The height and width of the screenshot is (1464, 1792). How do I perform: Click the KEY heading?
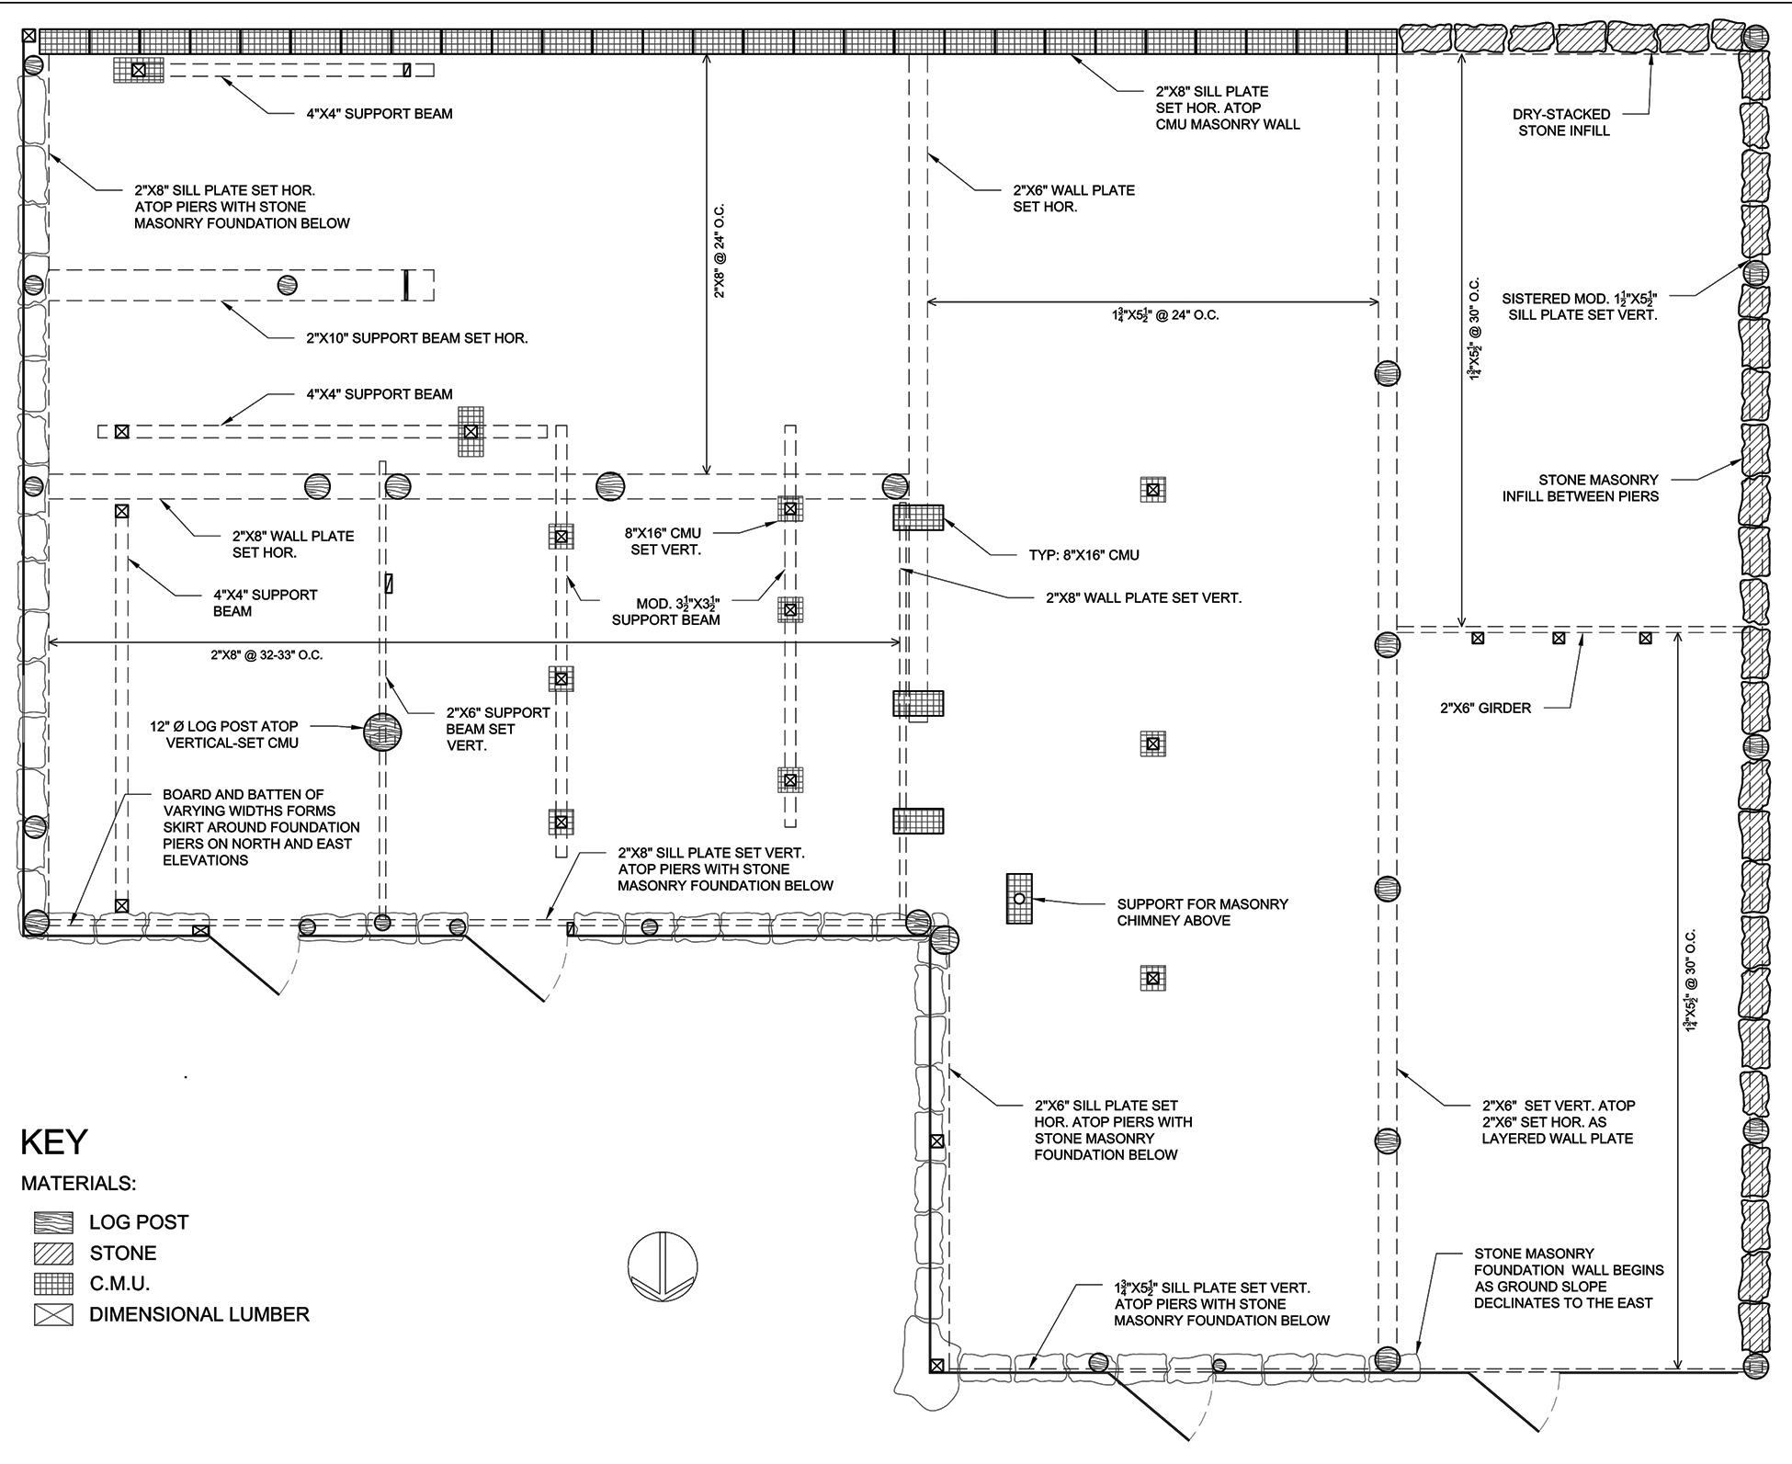[x=54, y=1141]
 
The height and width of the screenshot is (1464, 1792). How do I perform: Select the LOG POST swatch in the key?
[x=53, y=1222]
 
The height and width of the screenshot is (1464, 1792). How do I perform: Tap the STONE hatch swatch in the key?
[x=53, y=1254]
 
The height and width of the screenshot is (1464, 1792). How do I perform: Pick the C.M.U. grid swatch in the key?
[x=53, y=1284]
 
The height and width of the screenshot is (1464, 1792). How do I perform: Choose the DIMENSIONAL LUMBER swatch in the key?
[x=53, y=1315]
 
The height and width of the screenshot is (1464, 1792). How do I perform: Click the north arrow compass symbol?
[x=663, y=1265]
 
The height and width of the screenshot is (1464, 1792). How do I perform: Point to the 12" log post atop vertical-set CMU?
[x=382, y=732]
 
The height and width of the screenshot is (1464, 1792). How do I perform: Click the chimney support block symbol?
[x=1019, y=898]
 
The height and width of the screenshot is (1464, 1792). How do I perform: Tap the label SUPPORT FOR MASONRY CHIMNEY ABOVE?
[x=1202, y=912]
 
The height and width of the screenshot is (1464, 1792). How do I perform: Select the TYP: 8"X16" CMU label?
[x=1083, y=555]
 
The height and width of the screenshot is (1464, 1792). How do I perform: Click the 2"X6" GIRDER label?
[x=1485, y=708]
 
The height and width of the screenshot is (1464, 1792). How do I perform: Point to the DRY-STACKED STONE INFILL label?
[x=1561, y=122]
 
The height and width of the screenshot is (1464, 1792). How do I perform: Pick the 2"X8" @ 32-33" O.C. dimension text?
[x=267, y=655]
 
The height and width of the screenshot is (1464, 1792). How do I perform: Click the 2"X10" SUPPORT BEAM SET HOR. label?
[x=417, y=338]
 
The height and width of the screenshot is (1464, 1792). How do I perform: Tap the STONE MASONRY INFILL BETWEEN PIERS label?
[x=1581, y=488]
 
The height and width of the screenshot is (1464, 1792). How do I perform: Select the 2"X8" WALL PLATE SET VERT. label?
[x=1143, y=597]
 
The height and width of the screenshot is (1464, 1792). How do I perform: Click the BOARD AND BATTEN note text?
[x=261, y=827]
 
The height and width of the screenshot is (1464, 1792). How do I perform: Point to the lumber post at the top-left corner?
[x=30, y=37]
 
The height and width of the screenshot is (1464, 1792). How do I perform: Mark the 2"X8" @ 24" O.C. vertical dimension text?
[x=720, y=251]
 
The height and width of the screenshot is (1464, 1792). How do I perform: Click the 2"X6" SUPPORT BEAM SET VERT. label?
[x=498, y=729]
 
